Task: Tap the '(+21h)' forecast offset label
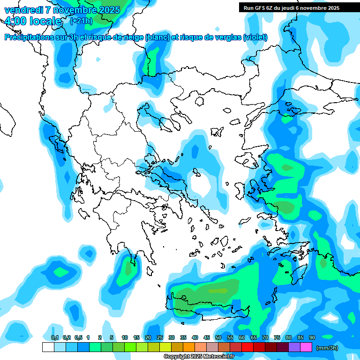click(81, 21)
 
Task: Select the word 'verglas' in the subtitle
click(231, 37)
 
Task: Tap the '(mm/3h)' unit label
click(327, 348)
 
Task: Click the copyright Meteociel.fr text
click(199, 356)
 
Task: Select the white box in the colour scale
click(48, 347)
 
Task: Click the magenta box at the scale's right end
click(306, 347)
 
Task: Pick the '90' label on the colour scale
click(312, 337)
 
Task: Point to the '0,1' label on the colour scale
click(54, 337)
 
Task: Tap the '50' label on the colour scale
click(218, 337)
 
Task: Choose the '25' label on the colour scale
click(160, 337)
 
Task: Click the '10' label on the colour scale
click(125, 337)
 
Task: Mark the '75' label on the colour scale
click(277, 337)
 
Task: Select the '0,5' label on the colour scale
click(78, 337)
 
